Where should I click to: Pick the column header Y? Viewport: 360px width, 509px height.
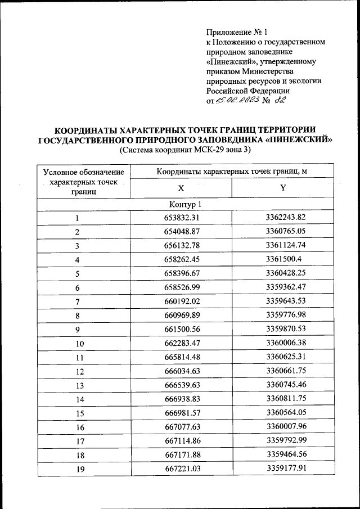pos(283,188)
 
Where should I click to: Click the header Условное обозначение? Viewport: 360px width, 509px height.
pos(83,171)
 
